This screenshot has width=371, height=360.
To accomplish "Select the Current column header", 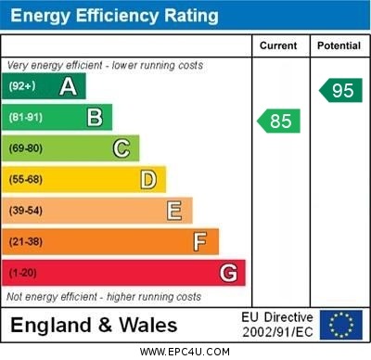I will [x=278, y=45].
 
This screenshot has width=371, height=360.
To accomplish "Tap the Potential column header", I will [x=339, y=45].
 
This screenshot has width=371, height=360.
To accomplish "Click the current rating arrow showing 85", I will [x=278, y=121].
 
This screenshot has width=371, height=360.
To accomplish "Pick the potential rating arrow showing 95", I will [x=339, y=90].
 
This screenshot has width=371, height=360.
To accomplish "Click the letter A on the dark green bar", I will [x=68, y=86].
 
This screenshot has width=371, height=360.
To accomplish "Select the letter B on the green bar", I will [x=95, y=117].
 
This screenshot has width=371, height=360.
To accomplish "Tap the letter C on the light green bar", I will [x=121, y=148].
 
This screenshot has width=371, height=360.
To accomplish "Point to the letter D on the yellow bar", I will [x=147, y=179].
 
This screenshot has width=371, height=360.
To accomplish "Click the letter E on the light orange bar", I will [x=173, y=211].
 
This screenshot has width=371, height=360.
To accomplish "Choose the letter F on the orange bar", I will [x=199, y=241].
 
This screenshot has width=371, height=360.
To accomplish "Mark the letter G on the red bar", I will [x=227, y=273].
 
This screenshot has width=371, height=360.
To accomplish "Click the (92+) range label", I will [x=21, y=86].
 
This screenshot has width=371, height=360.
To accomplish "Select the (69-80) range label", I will [x=25, y=148].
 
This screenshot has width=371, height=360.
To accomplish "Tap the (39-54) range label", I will [x=25, y=211].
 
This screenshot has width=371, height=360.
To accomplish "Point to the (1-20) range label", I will [x=22, y=273].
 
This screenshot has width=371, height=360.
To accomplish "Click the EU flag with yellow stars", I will [x=341, y=324].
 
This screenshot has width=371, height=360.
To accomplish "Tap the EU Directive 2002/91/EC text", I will [x=277, y=324].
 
